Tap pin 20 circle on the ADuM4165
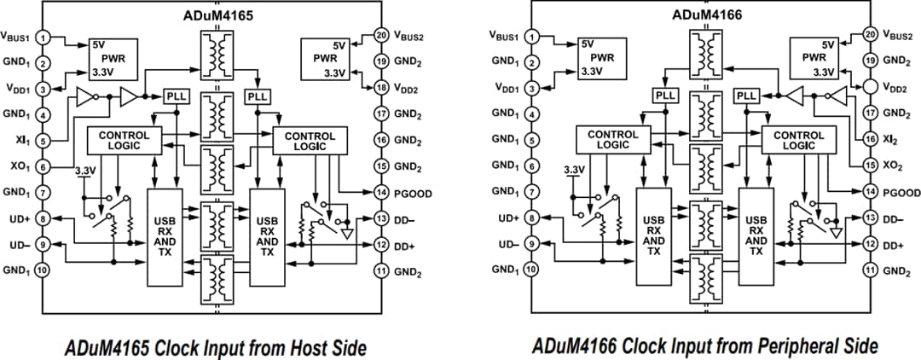coord(380,36)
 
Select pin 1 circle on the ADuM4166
coord(532,36)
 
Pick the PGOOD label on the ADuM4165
coord(413,194)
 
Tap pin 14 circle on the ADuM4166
coord(870,192)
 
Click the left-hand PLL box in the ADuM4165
coord(175,97)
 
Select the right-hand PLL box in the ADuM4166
coord(746,96)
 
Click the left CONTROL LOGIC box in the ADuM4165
coord(124,141)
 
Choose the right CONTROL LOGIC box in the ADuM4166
coord(799,141)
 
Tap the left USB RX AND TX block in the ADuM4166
coord(653,235)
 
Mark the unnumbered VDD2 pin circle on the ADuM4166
coord(870,88)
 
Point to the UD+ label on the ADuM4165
coord(19,218)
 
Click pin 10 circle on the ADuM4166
coord(532,270)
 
